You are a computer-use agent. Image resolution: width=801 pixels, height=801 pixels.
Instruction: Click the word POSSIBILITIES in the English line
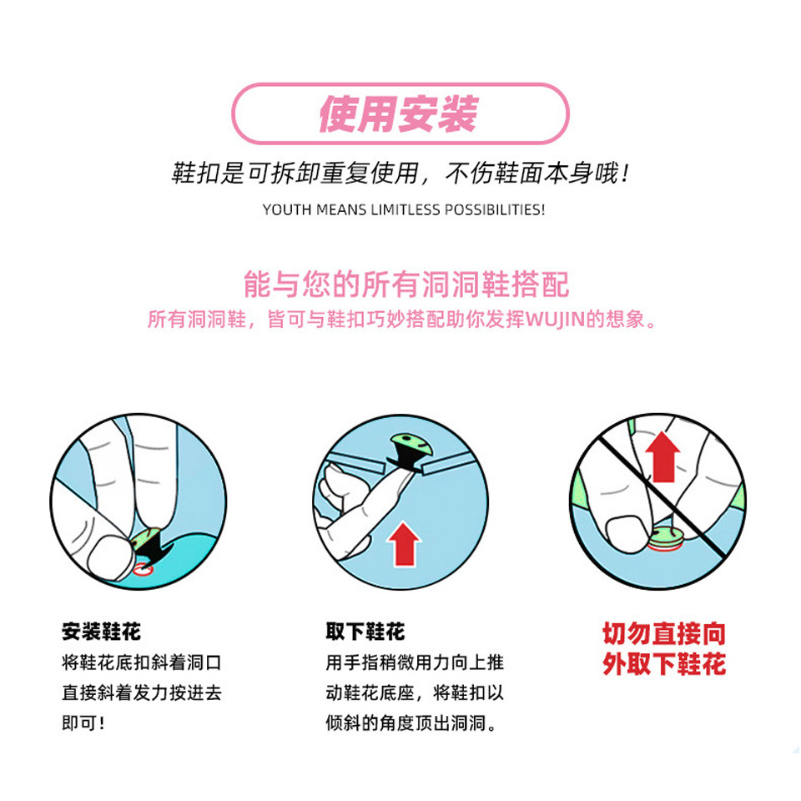click(496, 209)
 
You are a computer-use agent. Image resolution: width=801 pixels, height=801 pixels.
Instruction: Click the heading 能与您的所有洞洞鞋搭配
click(406, 284)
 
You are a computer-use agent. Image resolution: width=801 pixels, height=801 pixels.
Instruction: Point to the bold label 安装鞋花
click(102, 632)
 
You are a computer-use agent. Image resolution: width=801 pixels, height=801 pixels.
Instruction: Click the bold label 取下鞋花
click(365, 632)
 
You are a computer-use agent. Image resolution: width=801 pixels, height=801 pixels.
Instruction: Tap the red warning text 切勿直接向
click(664, 633)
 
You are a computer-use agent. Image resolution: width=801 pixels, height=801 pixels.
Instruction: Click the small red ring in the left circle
click(144, 570)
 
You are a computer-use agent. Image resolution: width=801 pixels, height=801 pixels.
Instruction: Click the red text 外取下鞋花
click(664, 665)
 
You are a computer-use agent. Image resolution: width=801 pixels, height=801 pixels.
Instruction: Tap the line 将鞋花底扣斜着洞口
click(141, 663)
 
